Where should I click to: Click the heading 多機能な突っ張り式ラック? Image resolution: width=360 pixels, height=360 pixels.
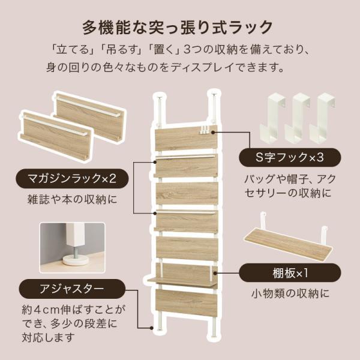(180, 27)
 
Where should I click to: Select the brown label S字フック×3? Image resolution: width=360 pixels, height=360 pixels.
(289, 158)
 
